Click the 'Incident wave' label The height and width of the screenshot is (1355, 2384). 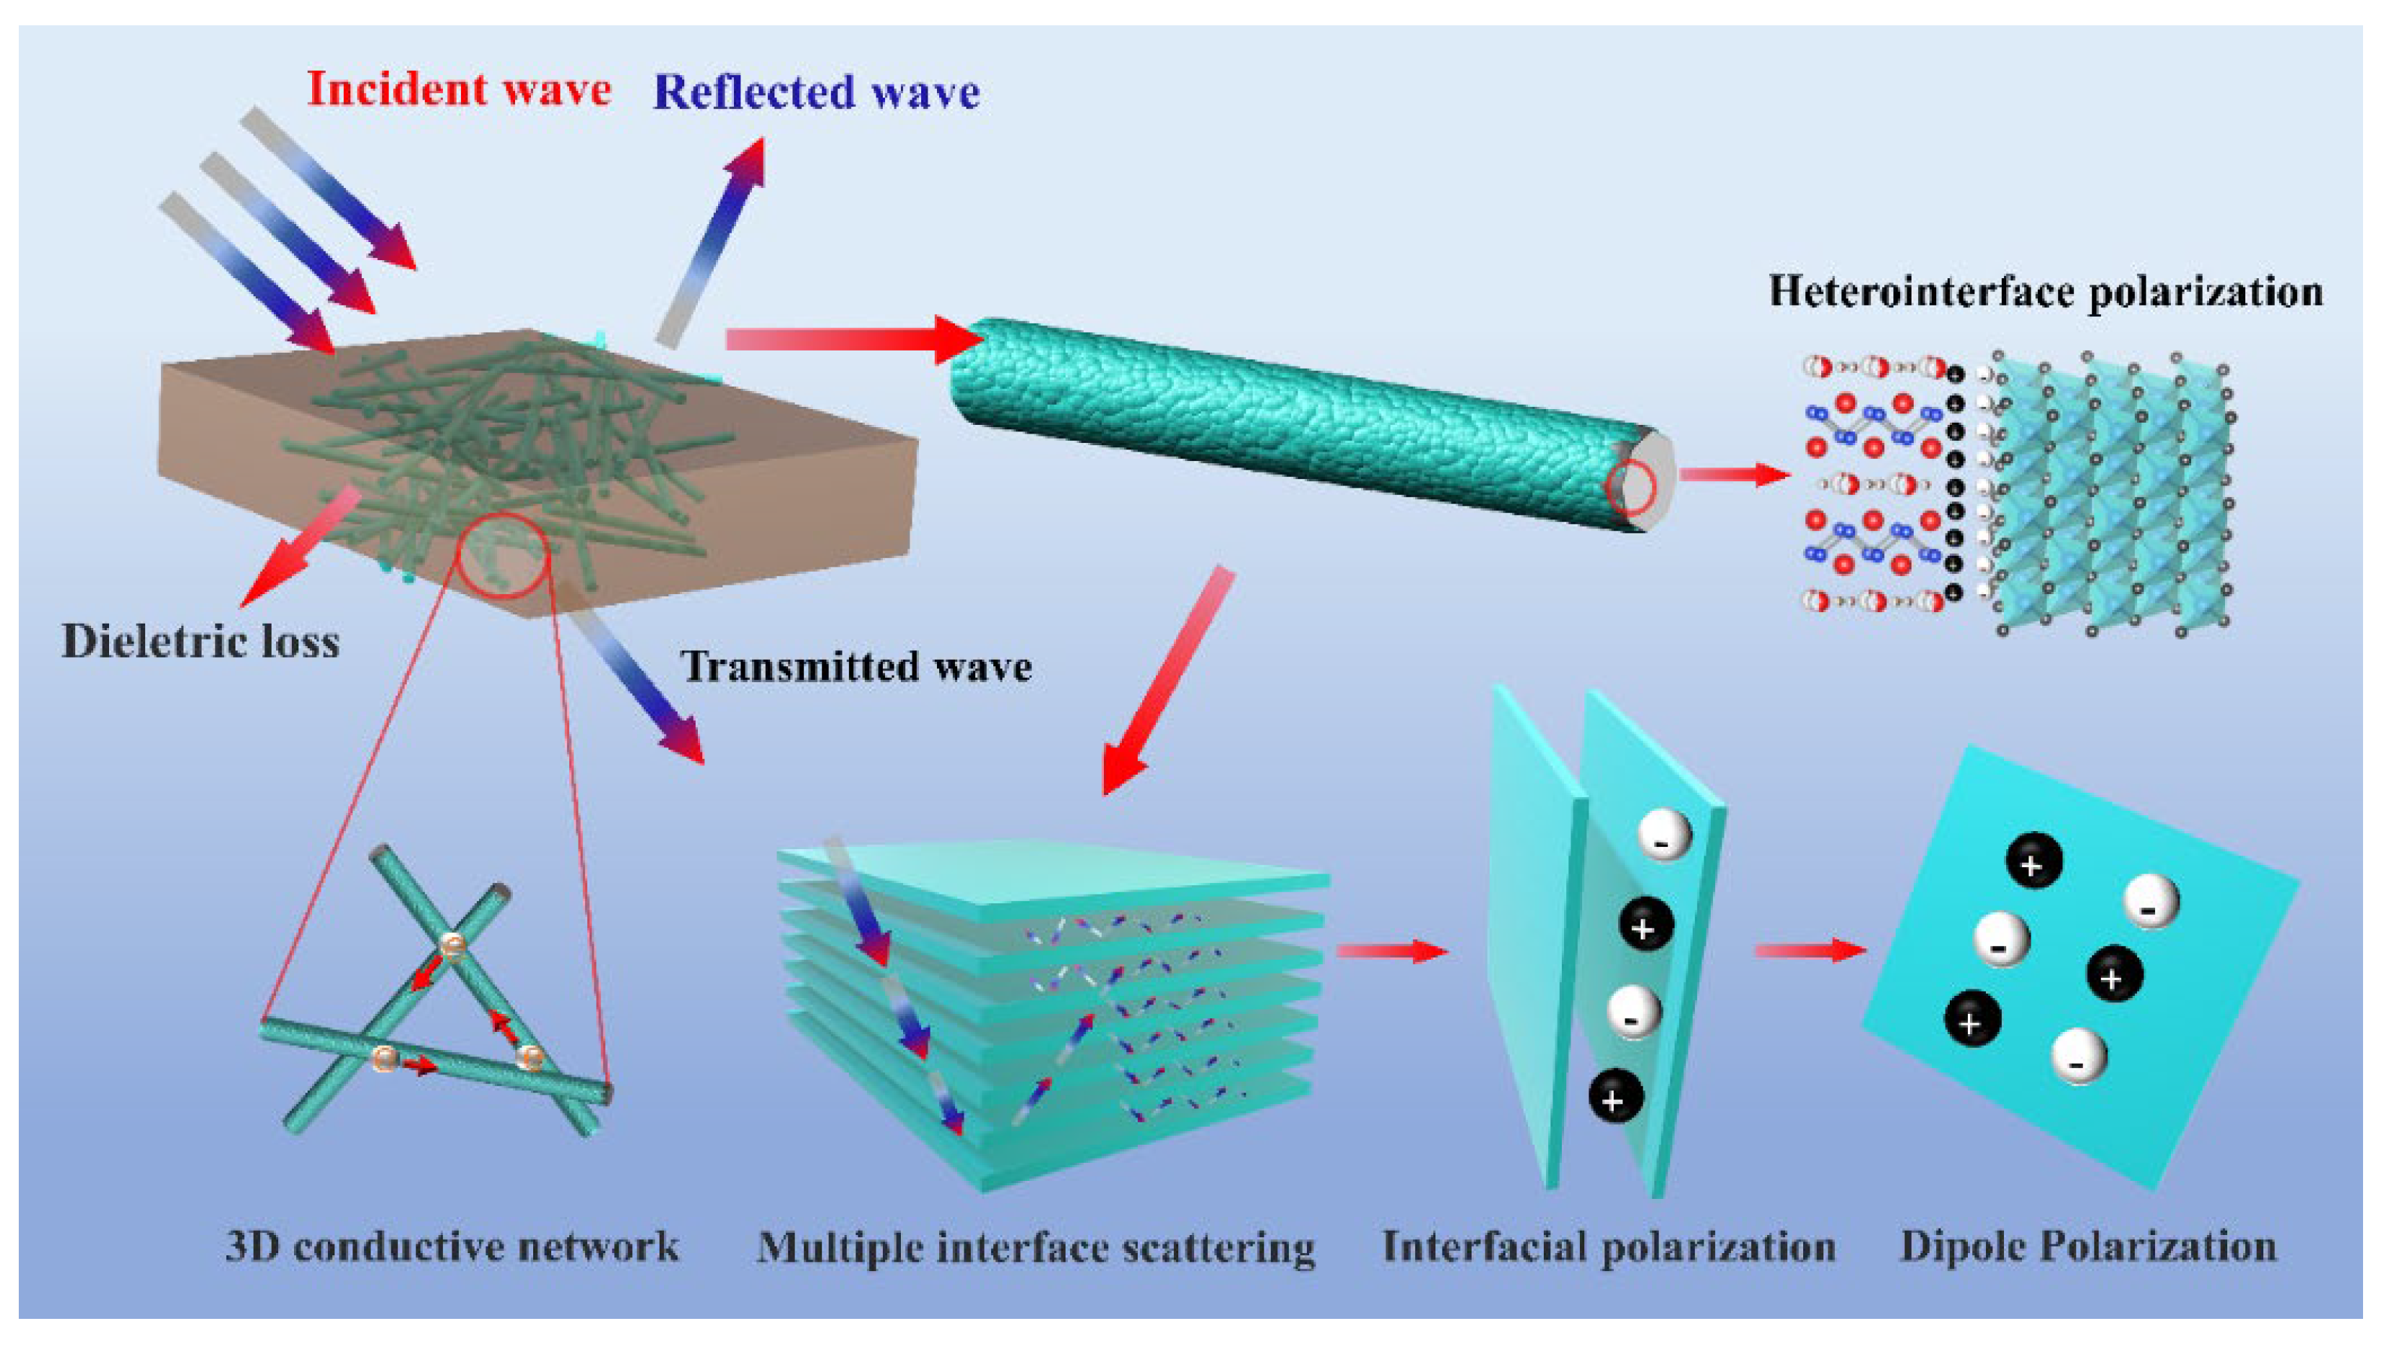(x=459, y=90)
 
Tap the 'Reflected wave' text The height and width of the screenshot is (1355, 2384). (x=816, y=92)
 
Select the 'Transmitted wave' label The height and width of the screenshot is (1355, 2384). (x=857, y=667)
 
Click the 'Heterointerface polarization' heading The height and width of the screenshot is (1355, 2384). (x=2044, y=291)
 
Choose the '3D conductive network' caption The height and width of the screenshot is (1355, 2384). (x=452, y=1246)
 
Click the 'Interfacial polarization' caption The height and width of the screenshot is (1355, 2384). (x=1609, y=1246)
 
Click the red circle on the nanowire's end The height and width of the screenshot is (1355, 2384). (x=1630, y=488)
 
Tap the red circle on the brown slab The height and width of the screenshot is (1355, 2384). (x=501, y=555)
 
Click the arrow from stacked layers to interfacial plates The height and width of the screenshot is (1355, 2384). (x=1391, y=951)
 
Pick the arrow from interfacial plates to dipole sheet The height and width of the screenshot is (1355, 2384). (x=1809, y=951)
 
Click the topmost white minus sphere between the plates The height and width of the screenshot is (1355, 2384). (x=1663, y=835)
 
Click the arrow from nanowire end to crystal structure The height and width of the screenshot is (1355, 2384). (x=1735, y=475)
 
